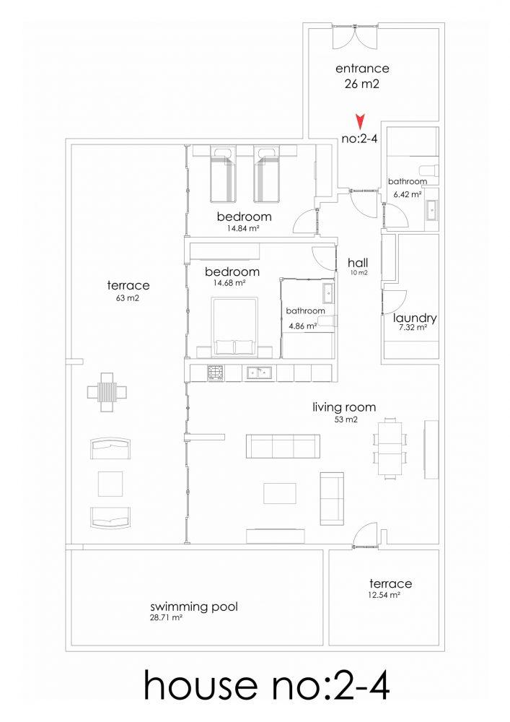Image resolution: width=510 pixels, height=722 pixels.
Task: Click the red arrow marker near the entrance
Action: pyautogui.click(x=361, y=121)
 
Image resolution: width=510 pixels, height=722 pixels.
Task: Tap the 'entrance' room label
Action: pyautogui.click(x=362, y=69)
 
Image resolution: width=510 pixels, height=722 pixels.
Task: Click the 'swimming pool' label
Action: pyautogui.click(x=194, y=607)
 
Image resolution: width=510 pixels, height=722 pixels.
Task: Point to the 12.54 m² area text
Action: pyautogui.click(x=384, y=595)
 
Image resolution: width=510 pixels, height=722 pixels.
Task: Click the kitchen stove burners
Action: pyautogui.click(x=215, y=373)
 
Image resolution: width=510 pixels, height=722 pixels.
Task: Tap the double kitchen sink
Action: pyautogui.click(x=260, y=373)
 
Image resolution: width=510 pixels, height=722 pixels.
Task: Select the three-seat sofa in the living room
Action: pyautogui.click(x=283, y=446)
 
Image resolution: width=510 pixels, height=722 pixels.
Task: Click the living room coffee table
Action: pyautogui.click(x=280, y=493)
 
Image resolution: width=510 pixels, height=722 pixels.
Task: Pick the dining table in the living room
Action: pyautogui.click(x=390, y=448)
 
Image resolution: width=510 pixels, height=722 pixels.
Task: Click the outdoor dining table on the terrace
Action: pyautogui.click(x=107, y=392)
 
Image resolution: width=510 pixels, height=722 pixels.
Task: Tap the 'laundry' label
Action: pyautogui.click(x=415, y=318)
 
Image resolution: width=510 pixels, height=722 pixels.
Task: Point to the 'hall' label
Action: pyautogui.click(x=358, y=263)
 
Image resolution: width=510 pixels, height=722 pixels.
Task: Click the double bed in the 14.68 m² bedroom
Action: pyautogui.click(x=234, y=327)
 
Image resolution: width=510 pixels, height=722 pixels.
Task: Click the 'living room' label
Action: pyautogui.click(x=344, y=407)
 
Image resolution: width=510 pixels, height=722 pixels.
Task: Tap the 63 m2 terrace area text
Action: pyautogui.click(x=128, y=298)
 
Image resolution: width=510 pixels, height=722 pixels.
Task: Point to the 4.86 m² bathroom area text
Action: pyautogui.click(x=302, y=326)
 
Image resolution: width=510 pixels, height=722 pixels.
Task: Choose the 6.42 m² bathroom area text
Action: pyautogui.click(x=408, y=194)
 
